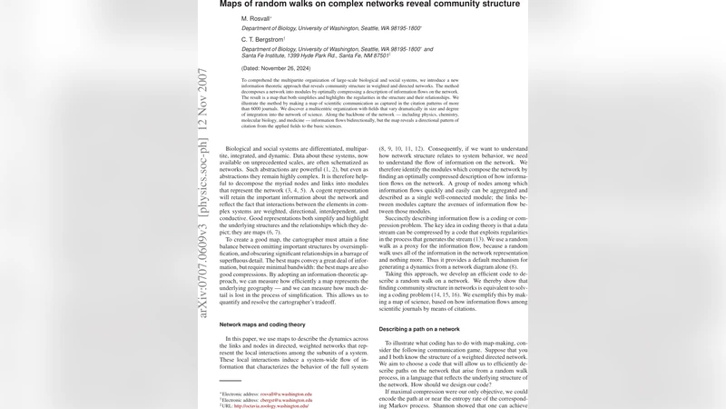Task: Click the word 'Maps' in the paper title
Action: pos(234,5)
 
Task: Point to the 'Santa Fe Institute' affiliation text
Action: pos(271,56)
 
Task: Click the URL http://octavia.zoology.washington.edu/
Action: pos(282,405)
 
